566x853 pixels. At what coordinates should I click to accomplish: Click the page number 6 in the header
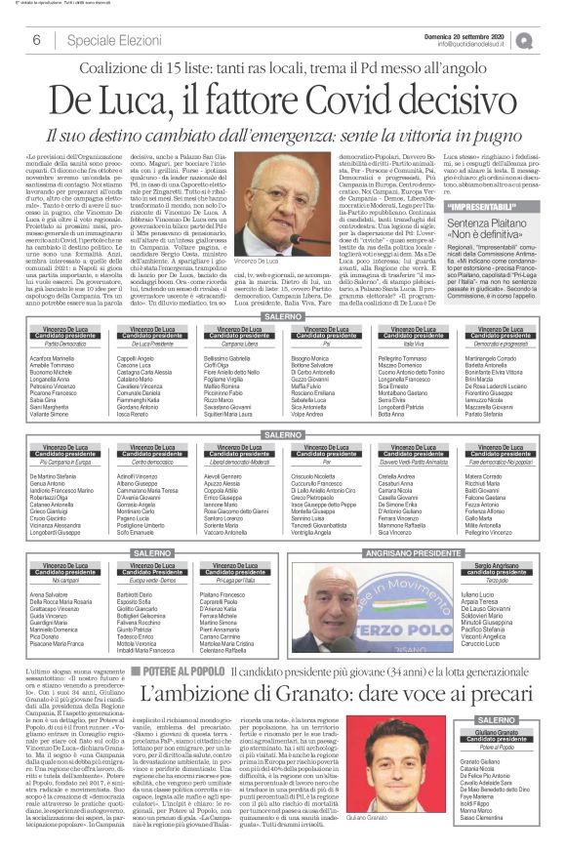click(x=35, y=40)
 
